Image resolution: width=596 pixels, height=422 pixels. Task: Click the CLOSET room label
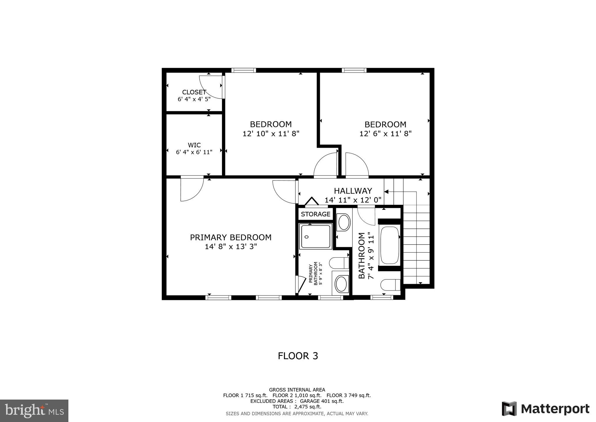tap(194, 92)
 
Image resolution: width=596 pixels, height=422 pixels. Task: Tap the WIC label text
tap(194, 145)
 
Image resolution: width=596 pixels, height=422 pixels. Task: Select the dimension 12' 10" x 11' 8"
tap(271, 134)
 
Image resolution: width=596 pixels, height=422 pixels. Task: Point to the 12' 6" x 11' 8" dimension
tap(385, 134)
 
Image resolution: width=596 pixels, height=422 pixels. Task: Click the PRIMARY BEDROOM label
tap(230, 237)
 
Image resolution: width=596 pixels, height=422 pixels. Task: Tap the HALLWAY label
tap(353, 191)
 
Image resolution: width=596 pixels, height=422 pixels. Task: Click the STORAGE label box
tap(315, 214)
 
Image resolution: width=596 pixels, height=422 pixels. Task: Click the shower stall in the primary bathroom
tap(315, 236)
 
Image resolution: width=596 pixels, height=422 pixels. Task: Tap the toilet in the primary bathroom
tap(339, 263)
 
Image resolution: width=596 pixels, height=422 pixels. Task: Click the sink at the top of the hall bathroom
tap(344, 223)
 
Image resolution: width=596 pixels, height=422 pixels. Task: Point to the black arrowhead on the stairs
tap(386, 191)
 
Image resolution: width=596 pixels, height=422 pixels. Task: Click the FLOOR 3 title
tap(298, 356)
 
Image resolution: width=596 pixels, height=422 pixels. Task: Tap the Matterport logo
tap(545, 409)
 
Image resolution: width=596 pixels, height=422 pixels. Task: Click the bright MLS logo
tap(34, 411)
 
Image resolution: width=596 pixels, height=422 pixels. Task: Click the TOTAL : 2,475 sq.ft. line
tap(297, 407)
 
